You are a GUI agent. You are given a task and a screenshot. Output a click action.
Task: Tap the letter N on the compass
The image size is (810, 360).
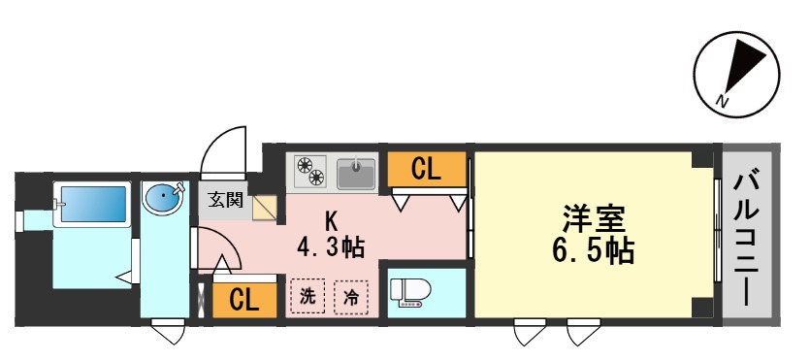(721, 99)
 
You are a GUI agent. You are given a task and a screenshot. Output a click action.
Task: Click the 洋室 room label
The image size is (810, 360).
(595, 218)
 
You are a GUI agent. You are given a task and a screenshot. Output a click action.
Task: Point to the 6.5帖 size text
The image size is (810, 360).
(595, 251)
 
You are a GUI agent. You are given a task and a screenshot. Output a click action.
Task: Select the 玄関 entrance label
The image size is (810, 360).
(225, 201)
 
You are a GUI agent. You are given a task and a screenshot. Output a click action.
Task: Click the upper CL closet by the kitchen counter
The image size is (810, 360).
(425, 169)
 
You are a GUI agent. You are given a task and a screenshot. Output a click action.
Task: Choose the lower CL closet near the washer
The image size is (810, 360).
(243, 300)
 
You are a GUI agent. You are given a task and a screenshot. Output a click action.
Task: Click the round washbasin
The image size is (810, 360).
(161, 199)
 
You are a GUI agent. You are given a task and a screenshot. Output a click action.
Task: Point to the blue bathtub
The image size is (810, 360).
(91, 205)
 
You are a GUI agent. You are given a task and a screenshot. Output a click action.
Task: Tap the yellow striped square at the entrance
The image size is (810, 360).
(265, 206)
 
